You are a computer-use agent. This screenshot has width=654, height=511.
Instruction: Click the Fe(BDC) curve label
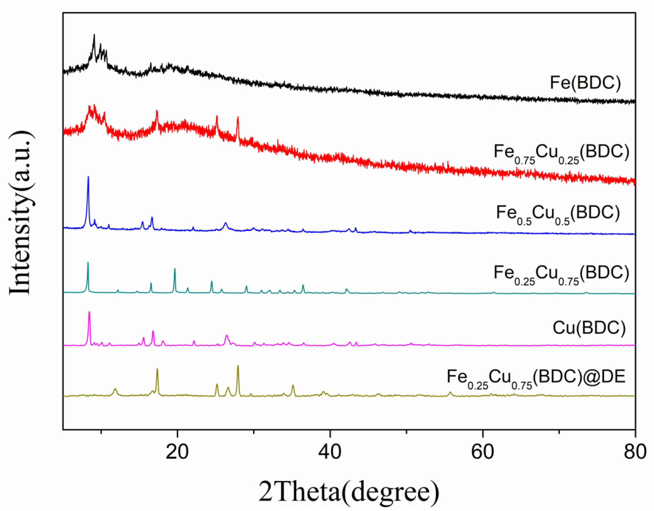585,83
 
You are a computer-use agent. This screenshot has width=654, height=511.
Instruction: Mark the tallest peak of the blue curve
88,177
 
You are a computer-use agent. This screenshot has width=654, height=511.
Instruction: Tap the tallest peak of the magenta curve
89,312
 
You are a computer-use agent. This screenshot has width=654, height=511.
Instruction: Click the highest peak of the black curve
94,35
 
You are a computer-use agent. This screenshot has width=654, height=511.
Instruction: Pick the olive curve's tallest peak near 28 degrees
238,366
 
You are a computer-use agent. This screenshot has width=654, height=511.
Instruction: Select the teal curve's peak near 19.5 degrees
175,269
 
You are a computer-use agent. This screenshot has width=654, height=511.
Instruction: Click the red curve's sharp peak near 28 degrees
238,118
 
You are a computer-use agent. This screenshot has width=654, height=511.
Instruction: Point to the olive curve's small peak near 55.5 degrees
450,392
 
